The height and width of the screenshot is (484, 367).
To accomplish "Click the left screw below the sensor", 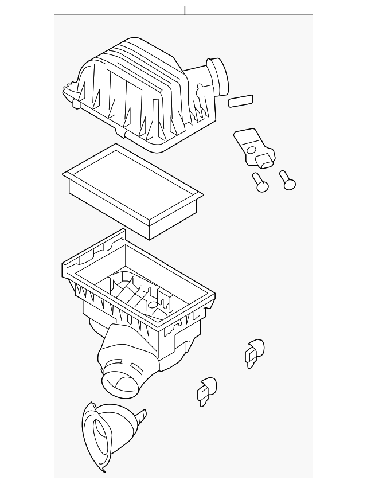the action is [261, 184].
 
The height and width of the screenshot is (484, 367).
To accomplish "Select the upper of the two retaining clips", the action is [254, 351].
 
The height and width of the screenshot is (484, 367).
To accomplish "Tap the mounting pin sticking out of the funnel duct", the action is [140, 417].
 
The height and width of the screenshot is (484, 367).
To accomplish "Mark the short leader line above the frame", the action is [185, 10].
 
